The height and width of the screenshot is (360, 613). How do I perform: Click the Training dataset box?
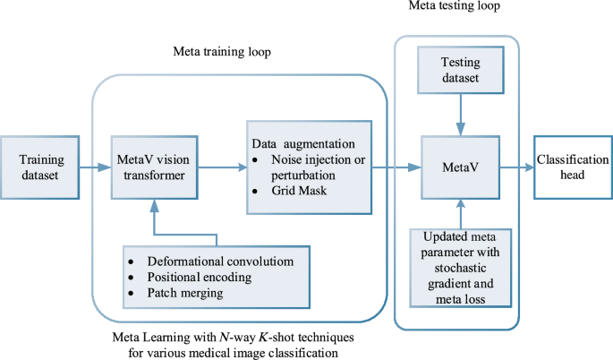coord(39,167)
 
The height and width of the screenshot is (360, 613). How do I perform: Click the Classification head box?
coord(573,167)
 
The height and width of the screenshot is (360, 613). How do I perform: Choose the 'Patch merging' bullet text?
coord(188,293)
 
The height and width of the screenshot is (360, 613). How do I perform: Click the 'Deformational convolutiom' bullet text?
coord(214,261)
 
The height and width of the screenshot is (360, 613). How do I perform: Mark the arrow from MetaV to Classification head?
coord(516,167)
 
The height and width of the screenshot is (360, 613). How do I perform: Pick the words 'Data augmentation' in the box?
coord(300,142)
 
